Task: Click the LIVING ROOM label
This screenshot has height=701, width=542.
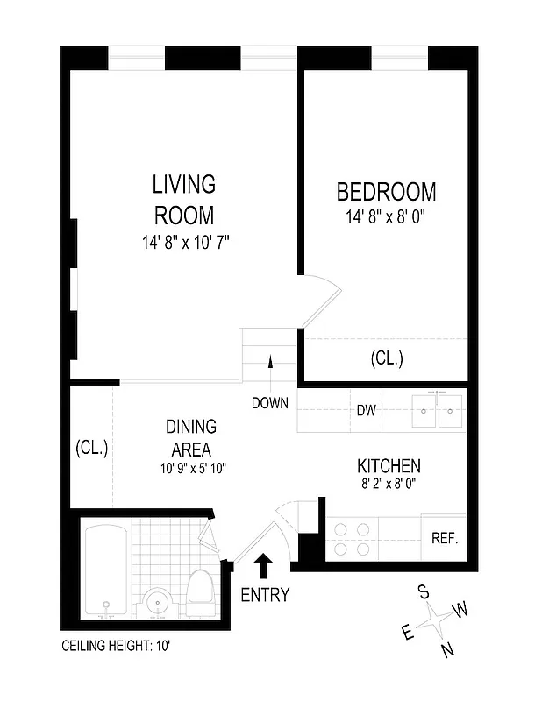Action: (x=184, y=200)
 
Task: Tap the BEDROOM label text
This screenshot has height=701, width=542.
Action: (x=386, y=192)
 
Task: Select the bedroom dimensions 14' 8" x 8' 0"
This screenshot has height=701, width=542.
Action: (x=386, y=216)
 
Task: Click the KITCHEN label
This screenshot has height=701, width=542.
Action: (x=388, y=466)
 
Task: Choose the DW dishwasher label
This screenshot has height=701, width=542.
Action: (x=366, y=410)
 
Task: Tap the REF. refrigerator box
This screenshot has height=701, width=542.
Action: (x=444, y=538)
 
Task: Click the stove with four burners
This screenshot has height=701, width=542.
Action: (x=351, y=540)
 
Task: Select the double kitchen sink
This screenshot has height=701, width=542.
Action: (x=438, y=409)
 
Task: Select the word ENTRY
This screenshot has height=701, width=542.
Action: (x=264, y=595)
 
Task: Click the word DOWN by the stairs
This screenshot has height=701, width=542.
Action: (x=270, y=404)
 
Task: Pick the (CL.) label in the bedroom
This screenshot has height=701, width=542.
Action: (x=386, y=358)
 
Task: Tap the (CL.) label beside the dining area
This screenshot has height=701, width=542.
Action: (x=90, y=448)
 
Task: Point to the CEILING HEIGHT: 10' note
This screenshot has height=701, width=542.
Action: (x=120, y=647)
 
